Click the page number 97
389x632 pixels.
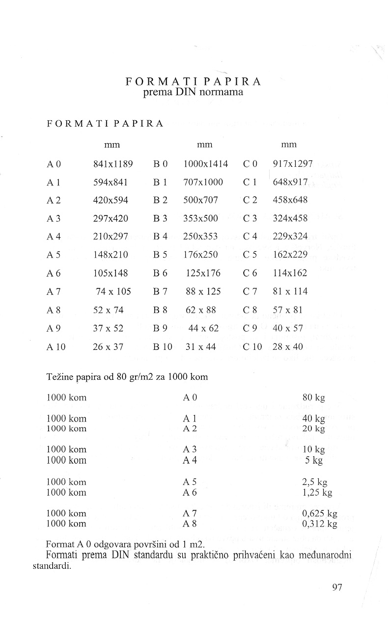click(336, 587)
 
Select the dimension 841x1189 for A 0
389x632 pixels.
click(113, 164)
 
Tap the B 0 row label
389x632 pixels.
click(161, 164)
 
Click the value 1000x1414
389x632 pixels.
click(205, 164)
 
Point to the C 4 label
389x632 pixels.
click(250, 237)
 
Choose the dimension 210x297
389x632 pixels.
click(111, 237)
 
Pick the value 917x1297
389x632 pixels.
click(293, 164)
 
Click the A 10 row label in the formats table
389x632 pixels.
click(56, 347)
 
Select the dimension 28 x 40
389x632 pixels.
click(288, 347)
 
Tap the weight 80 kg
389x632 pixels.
click(314, 397)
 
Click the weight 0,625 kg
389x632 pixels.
click(320, 514)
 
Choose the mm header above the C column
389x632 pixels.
click(289, 145)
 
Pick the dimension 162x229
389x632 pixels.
click(290, 255)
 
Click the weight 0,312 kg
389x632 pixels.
click(320, 524)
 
